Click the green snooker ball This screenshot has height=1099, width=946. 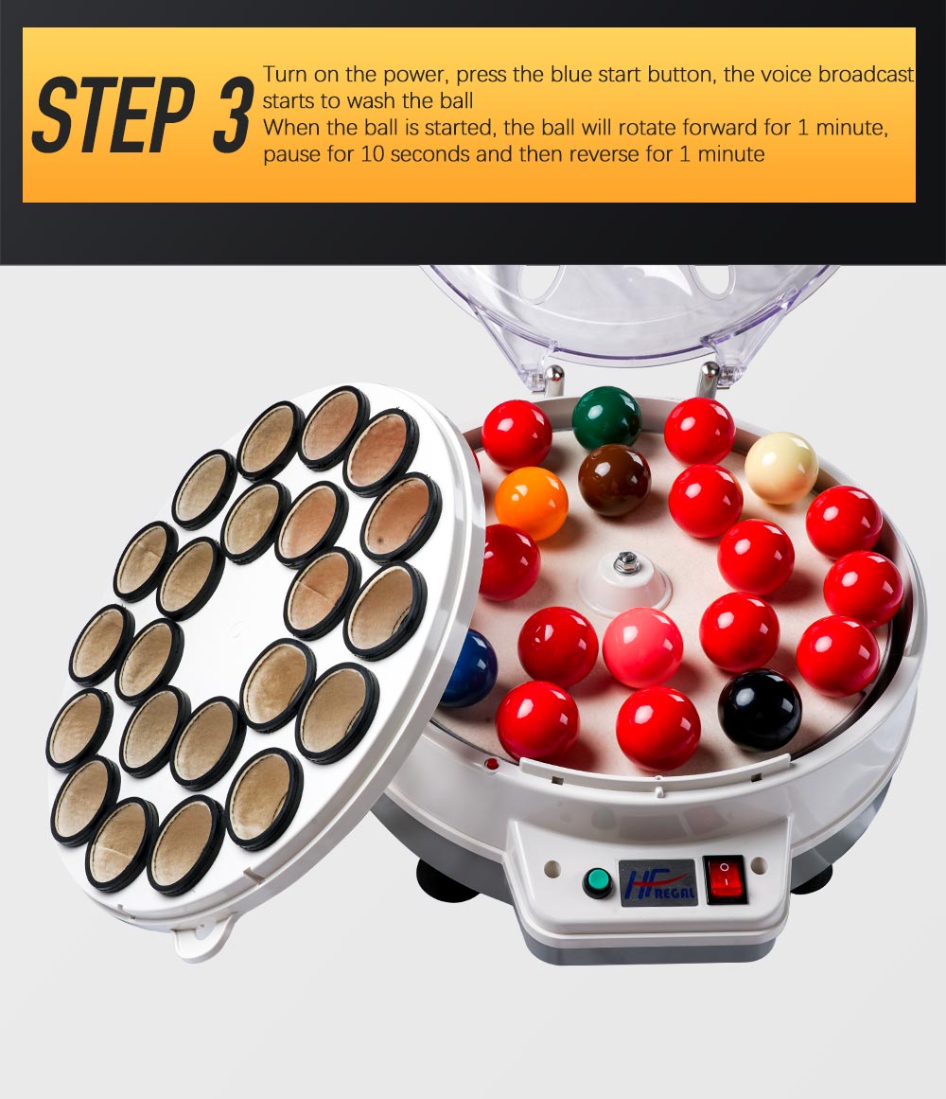pyautogui.click(x=606, y=419)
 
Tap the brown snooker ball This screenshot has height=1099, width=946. pyautogui.click(x=614, y=481)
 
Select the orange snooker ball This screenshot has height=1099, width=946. pyautogui.click(x=531, y=504)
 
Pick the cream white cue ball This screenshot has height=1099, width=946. pyautogui.click(x=780, y=469)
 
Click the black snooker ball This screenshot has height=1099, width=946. pyautogui.click(x=760, y=710)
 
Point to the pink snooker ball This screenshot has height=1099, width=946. pyautogui.click(x=642, y=647)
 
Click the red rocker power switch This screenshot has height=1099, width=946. pyautogui.click(x=725, y=879)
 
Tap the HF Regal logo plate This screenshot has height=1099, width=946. pyautogui.click(x=657, y=882)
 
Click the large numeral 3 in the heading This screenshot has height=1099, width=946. pyautogui.click(x=231, y=115)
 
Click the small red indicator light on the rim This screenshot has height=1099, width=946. pyautogui.click(x=492, y=763)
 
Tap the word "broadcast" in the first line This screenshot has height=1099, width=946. pyautogui.click(x=867, y=74)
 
